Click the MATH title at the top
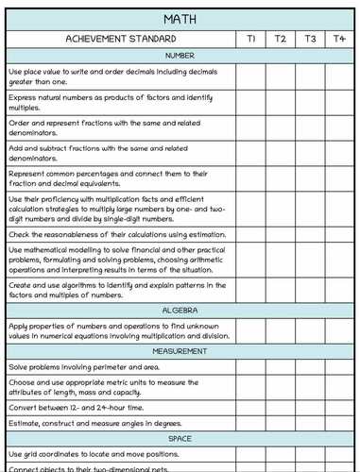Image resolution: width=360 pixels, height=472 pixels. [180, 19]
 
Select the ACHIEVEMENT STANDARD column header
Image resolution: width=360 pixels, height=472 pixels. [120, 40]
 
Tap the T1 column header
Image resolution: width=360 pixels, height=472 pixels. [251, 40]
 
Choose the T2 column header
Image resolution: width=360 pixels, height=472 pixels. [281, 40]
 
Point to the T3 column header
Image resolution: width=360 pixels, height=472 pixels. [310, 40]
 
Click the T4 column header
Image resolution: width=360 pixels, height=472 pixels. [339, 40]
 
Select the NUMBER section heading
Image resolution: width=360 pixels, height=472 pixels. [180, 56]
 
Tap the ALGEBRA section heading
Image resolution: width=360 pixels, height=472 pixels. [180, 310]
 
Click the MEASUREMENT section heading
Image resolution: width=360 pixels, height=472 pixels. [180, 351]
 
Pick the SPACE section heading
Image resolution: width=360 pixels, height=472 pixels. [180, 439]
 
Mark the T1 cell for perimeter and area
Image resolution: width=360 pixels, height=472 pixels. [251, 366]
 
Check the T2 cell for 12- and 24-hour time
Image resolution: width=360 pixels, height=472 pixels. [281, 408]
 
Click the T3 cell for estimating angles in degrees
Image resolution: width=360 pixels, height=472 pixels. [310, 424]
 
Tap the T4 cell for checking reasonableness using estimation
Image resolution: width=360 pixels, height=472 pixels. [339, 234]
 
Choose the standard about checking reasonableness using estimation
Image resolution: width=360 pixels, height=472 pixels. [117, 234]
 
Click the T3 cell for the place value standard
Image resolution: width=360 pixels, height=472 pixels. [310, 76]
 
